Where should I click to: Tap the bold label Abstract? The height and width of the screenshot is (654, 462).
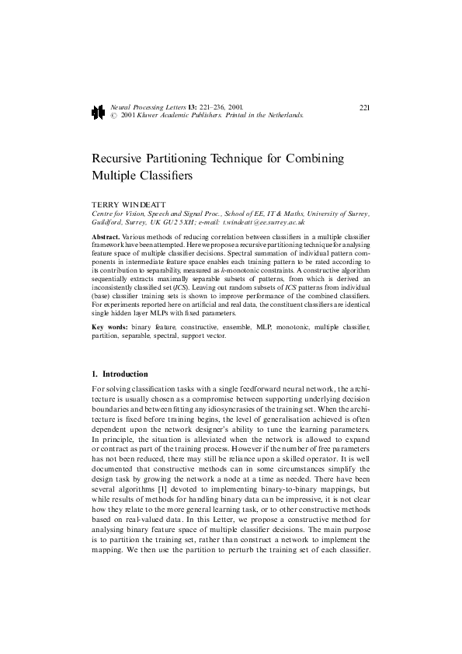[106, 235]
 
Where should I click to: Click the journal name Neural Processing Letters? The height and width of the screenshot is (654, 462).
[142, 106]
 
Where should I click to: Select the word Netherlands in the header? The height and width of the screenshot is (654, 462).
[283, 114]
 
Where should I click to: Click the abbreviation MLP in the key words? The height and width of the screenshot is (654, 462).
[254, 329]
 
